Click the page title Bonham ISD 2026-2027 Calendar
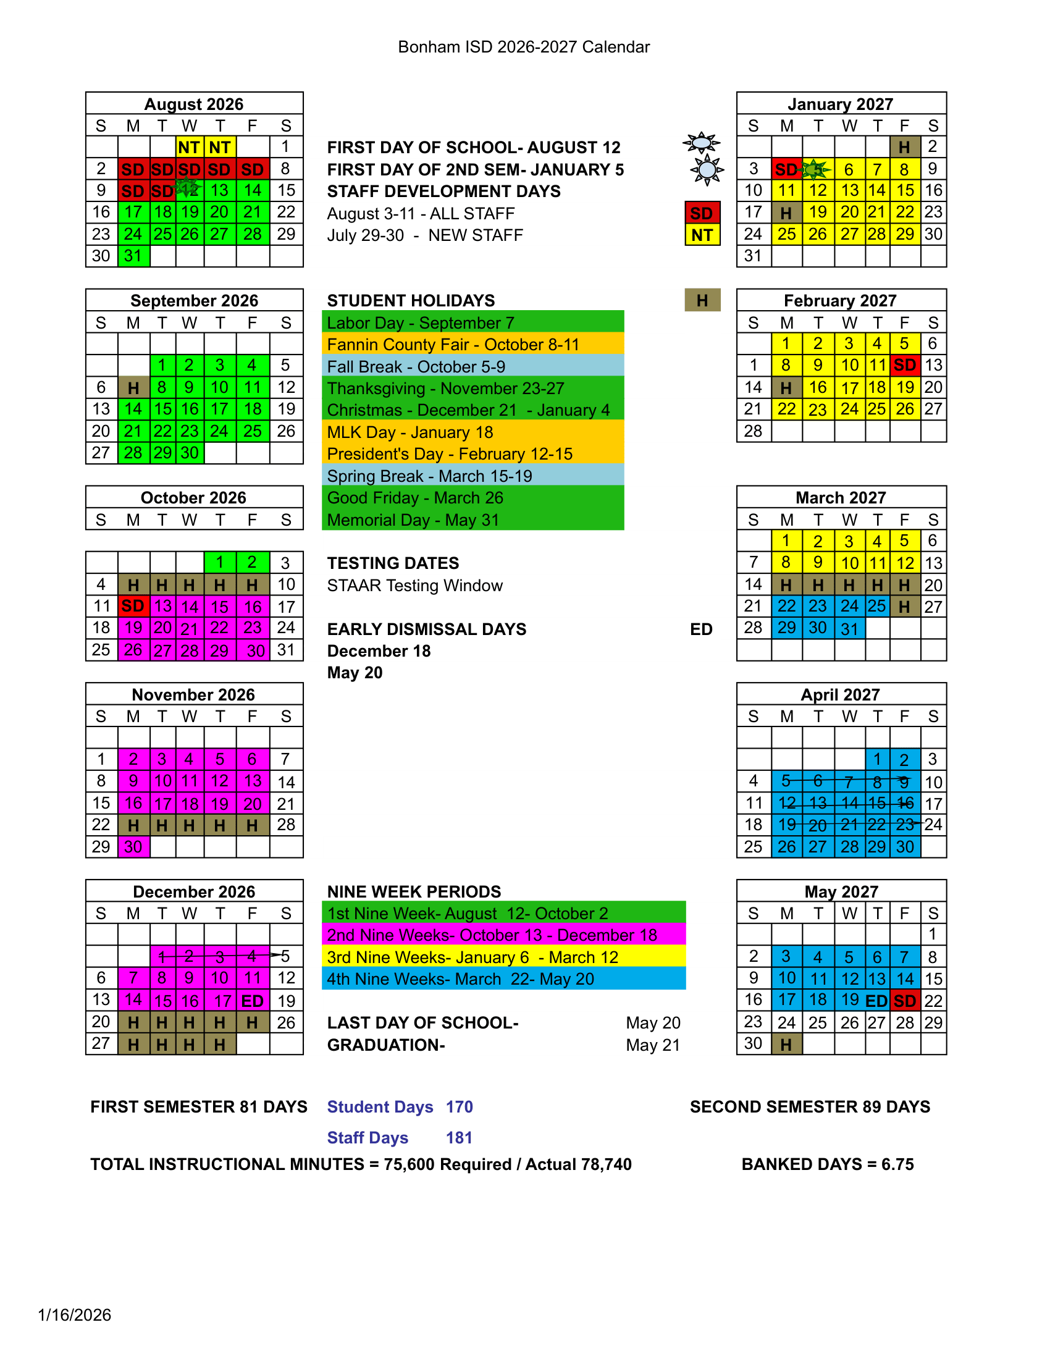click(524, 48)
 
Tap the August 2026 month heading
click(193, 104)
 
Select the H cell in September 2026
click(133, 388)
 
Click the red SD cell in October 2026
click(133, 606)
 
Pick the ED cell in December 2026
click(253, 1001)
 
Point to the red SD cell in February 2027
click(904, 365)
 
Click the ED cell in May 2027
click(876, 1001)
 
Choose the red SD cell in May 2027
click(904, 1001)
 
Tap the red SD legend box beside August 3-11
click(702, 214)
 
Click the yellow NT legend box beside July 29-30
click(702, 235)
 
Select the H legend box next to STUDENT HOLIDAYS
click(702, 301)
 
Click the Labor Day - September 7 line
click(421, 323)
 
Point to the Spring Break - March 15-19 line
click(429, 476)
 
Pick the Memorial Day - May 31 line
click(413, 520)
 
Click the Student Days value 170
click(459, 1107)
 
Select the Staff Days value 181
click(459, 1137)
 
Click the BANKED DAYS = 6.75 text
click(827, 1164)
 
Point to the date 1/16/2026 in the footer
click(75, 1315)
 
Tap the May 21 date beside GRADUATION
click(652, 1045)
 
